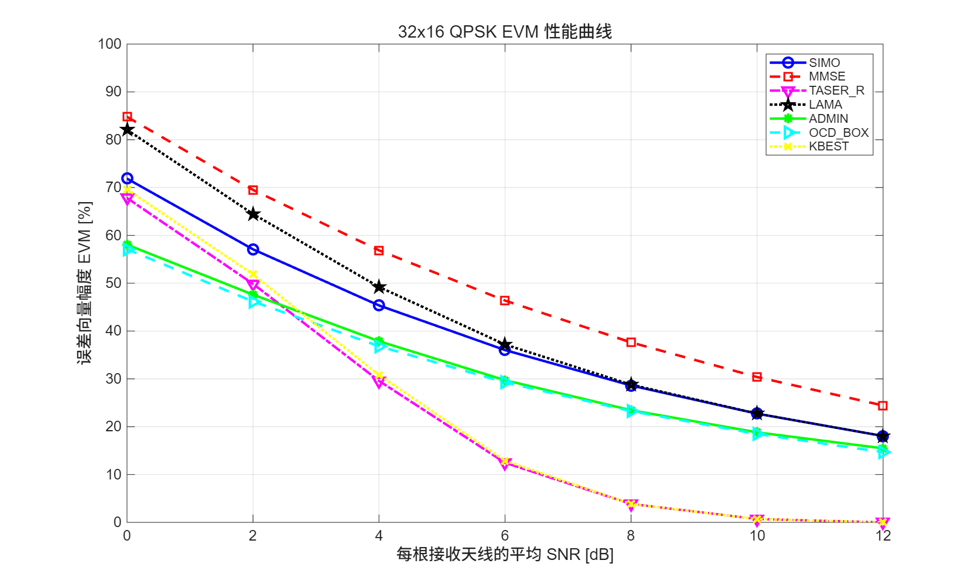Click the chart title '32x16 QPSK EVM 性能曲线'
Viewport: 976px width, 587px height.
tap(504, 31)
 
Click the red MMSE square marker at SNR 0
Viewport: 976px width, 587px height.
tap(127, 117)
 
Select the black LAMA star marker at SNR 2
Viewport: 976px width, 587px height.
tap(253, 214)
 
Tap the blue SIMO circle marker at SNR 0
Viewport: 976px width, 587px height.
tap(127, 179)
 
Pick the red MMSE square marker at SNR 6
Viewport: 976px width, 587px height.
tap(504, 301)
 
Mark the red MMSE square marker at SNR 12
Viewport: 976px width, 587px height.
tap(883, 406)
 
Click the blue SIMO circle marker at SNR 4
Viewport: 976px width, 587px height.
tap(379, 306)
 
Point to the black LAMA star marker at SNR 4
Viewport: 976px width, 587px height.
tap(379, 287)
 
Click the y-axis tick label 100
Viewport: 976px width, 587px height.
tap(109, 44)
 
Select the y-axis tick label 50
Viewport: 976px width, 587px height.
tap(113, 283)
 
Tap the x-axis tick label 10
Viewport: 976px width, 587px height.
tap(757, 535)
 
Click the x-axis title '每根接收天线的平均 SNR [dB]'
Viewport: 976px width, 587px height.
tap(504, 555)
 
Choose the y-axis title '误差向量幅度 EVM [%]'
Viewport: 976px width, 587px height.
tap(85, 283)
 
